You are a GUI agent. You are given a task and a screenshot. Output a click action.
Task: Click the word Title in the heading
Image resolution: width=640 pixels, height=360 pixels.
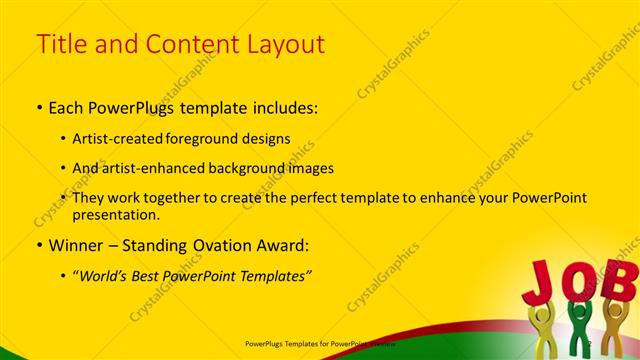coord(59,44)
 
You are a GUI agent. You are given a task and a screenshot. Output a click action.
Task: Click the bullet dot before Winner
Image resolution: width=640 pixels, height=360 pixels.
coord(39,245)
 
